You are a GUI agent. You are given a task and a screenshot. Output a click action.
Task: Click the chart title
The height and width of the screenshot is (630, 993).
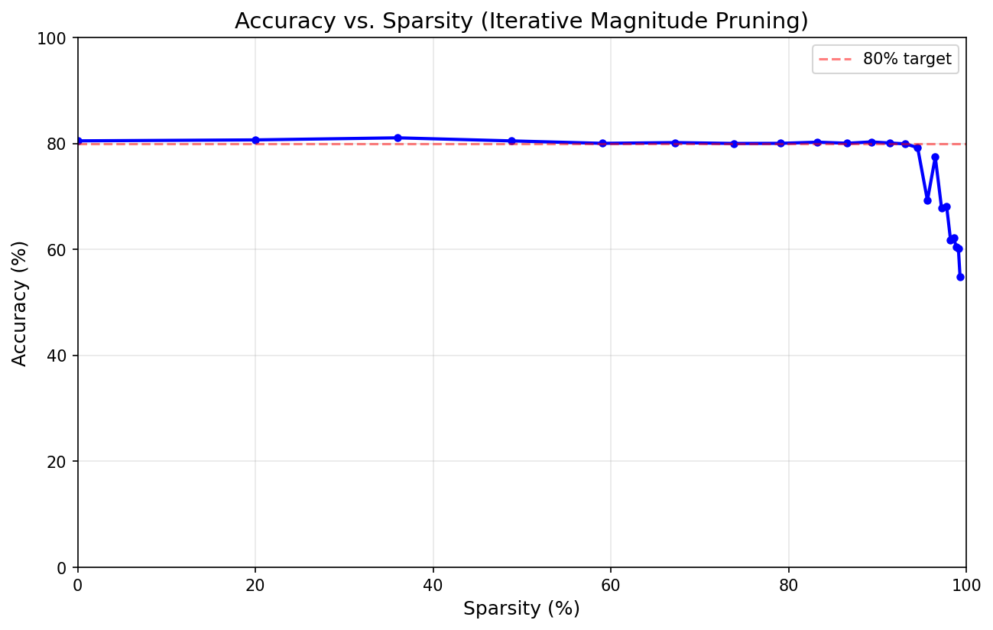coord(521,21)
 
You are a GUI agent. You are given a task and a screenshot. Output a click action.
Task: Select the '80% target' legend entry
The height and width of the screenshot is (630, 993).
coord(907,59)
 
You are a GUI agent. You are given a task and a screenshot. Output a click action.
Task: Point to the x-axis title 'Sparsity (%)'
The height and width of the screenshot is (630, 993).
coord(521,609)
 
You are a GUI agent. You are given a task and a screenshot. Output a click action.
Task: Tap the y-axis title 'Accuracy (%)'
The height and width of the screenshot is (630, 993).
coord(20,303)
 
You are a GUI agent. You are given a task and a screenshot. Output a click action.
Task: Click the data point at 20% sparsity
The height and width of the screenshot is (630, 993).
coord(255,140)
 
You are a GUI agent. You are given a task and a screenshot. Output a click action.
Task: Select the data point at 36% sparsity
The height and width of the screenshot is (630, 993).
coord(398,138)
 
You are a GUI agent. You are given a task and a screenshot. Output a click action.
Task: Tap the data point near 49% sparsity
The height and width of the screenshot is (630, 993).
coord(511,141)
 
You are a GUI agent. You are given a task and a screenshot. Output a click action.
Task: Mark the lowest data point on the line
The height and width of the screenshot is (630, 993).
coord(960,277)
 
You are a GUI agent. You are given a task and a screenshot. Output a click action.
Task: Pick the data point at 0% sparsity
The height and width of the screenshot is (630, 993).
coord(78,141)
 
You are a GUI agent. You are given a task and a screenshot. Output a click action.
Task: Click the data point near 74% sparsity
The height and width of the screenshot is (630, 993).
coord(734,144)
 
